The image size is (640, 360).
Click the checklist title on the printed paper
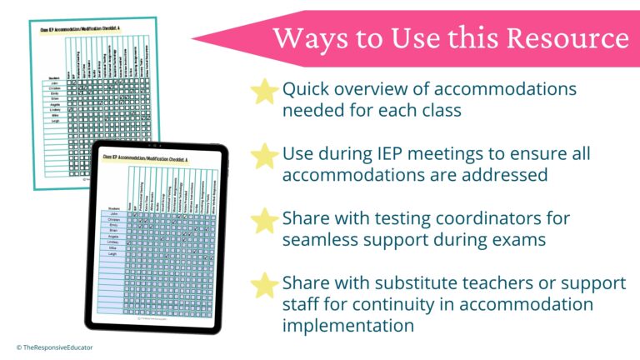tap(82, 29)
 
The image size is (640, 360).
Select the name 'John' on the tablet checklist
tap(112, 214)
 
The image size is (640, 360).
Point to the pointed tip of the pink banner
tap(193, 38)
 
